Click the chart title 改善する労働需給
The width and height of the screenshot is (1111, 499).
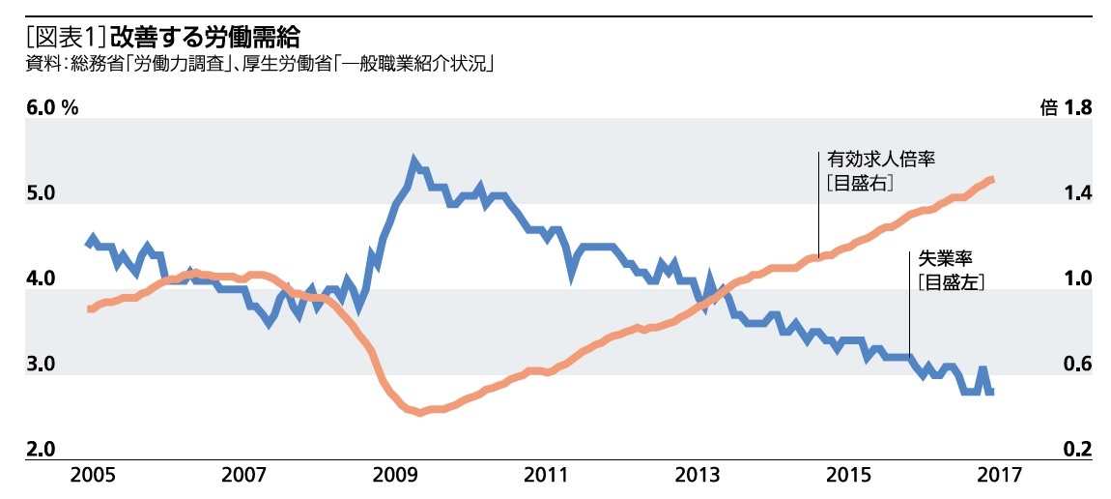205,38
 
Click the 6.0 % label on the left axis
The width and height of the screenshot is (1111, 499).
52,107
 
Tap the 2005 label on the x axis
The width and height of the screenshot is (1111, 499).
92,475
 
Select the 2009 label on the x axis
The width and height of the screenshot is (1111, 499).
394,475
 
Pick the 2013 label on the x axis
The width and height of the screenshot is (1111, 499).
698,475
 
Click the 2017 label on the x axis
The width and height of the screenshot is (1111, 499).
999,475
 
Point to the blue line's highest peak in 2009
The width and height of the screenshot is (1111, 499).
414,160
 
